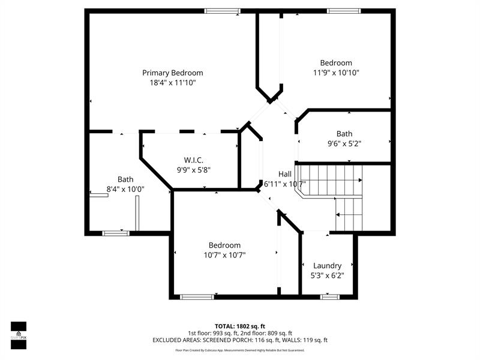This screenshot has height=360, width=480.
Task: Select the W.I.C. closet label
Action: (x=193, y=160)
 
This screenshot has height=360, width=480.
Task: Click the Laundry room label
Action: (x=327, y=265)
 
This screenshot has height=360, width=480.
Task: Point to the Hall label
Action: (x=284, y=174)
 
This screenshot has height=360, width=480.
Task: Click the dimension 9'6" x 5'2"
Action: (x=344, y=143)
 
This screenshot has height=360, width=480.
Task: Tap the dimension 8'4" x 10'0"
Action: (x=125, y=189)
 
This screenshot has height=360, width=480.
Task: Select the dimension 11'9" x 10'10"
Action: (x=336, y=73)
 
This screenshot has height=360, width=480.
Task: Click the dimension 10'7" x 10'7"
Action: (x=224, y=255)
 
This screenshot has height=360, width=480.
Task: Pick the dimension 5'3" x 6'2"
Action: (x=327, y=275)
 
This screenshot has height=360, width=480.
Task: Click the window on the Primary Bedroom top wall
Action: (x=222, y=11)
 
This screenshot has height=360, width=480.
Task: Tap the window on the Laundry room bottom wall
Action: (x=329, y=296)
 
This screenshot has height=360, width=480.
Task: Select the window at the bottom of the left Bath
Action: (x=116, y=233)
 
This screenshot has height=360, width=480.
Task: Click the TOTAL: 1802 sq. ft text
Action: (x=240, y=326)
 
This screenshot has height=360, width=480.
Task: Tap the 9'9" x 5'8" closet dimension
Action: (x=193, y=170)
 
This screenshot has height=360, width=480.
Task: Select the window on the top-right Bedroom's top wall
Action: (x=344, y=11)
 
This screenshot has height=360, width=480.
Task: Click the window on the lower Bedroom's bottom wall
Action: (x=197, y=296)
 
